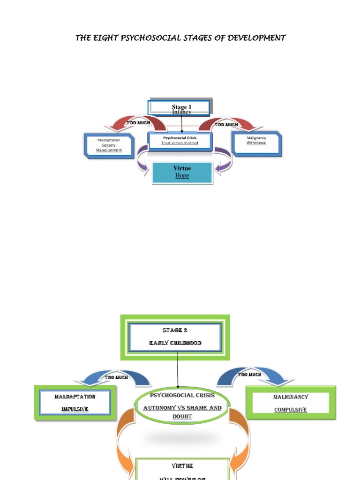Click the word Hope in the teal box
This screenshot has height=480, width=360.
[182, 176]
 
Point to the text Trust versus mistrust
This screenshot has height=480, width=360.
[180, 143]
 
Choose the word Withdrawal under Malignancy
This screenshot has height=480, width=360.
[256, 143]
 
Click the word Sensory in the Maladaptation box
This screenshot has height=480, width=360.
[109, 145]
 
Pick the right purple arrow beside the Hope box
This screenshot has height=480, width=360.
[222, 162]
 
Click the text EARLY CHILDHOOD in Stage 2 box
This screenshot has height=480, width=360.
[175, 343]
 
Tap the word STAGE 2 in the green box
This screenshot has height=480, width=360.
[175, 330]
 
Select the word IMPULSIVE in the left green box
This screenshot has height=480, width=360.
[75, 409]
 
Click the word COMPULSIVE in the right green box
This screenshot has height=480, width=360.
[291, 410]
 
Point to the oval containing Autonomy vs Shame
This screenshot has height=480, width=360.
[182, 405]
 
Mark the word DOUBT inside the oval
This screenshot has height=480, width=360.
[182, 417]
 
